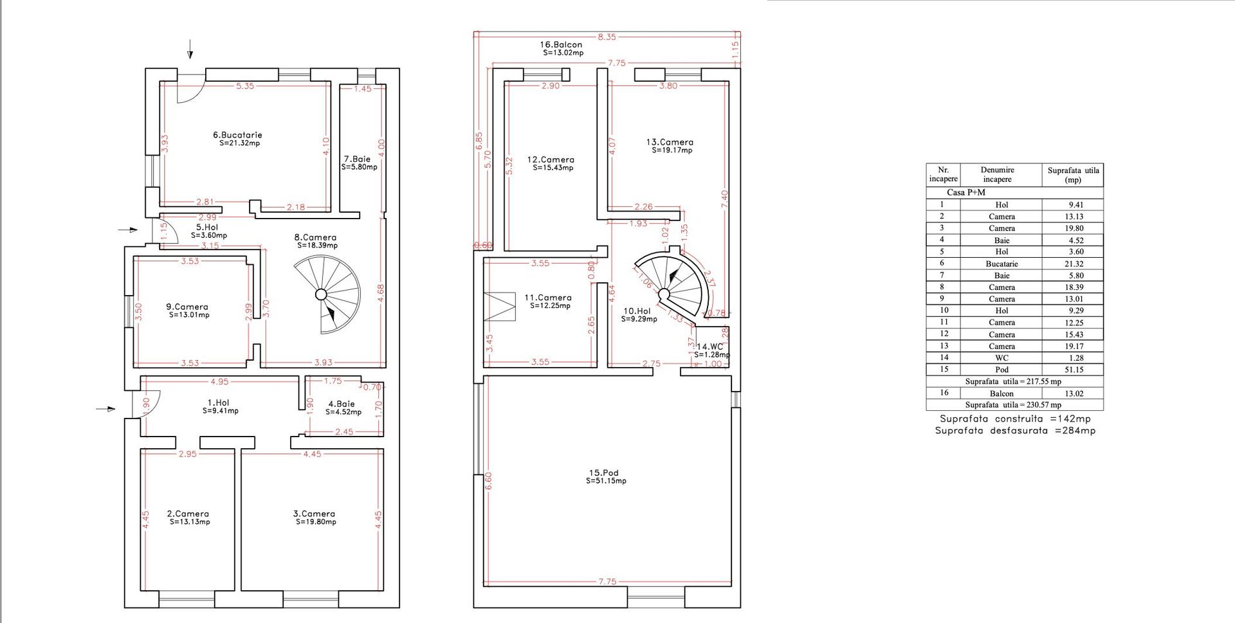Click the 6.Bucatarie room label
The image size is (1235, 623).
[x=237, y=135]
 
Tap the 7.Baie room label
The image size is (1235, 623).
[x=357, y=159]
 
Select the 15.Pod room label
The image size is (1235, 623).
[x=604, y=473]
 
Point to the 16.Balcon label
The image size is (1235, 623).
[x=561, y=45]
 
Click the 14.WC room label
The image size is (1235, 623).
[x=710, y=347]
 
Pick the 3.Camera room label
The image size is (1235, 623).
[x=314, y=514]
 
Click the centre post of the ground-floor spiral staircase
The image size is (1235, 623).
[x=321, y=294]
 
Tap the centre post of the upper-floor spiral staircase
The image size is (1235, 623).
[x=664, y=294]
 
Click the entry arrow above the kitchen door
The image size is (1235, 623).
[x=190, y=49]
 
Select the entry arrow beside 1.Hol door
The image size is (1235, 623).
[x=106, y=409]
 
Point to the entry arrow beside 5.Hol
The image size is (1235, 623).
[x=128, y=230]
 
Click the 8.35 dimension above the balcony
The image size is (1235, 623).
[x=607, y=37]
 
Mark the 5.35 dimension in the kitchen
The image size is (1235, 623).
[x=245, y=86]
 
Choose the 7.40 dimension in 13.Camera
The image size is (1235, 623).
[x=725, y=199]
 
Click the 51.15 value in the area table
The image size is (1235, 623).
[x=1074, y=370]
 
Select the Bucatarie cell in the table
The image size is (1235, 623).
[x=1002, y=264]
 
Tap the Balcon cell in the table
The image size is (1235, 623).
[x=1002, y=393]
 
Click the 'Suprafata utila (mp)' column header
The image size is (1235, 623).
[x=1073, y=175]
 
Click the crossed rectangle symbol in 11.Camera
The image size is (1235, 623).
[x=500, y=307]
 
